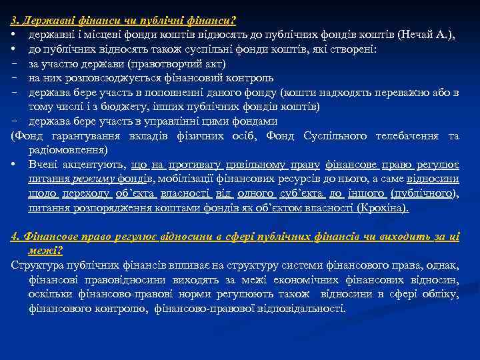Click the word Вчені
42,165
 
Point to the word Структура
34,265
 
